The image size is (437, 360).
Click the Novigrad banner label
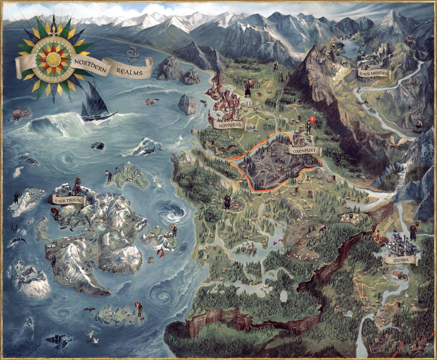coord(229,125)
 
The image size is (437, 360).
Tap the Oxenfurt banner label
coord(303,151)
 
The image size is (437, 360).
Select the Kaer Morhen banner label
coord(374,73)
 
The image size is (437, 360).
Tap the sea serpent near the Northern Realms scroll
coord(132,51)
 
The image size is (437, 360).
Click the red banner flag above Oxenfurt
coord(312,119)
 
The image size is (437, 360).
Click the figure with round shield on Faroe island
coord(140,309)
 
